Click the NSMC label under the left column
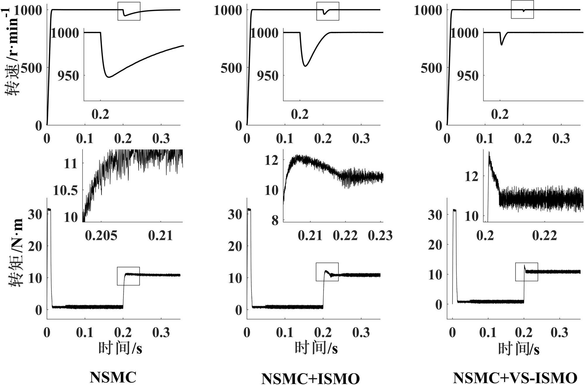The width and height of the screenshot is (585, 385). (113, 377)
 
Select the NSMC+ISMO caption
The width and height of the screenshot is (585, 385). (310, 378)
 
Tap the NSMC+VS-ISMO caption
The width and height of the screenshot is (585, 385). (515, 378)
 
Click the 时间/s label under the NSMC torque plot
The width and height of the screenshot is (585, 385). (120, 348)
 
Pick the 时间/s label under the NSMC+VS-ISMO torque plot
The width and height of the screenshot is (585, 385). (519, 349)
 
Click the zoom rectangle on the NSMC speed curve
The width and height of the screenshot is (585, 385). (129, 11)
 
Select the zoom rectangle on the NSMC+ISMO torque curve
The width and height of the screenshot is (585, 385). (327, 272)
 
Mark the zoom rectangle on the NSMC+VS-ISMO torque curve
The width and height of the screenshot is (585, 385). (526, 272)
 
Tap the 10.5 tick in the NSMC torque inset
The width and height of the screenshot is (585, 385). (66, 190)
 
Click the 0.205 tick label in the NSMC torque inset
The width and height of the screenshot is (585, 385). (101, 236)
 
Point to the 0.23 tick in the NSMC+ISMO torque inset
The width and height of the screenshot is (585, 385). (380, 236)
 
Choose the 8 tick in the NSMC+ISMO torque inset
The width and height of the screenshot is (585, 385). (275, 220)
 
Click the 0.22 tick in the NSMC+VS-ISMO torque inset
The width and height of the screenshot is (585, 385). (544, 236)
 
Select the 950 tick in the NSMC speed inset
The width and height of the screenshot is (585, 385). (68, 76)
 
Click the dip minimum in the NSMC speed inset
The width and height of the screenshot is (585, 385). (109, 77)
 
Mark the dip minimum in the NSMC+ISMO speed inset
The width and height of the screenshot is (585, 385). (305, 66)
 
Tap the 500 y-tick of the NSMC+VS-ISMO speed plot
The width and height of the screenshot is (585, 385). (431, 68)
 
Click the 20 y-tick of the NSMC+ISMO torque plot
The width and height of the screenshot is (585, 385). (235, 246)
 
